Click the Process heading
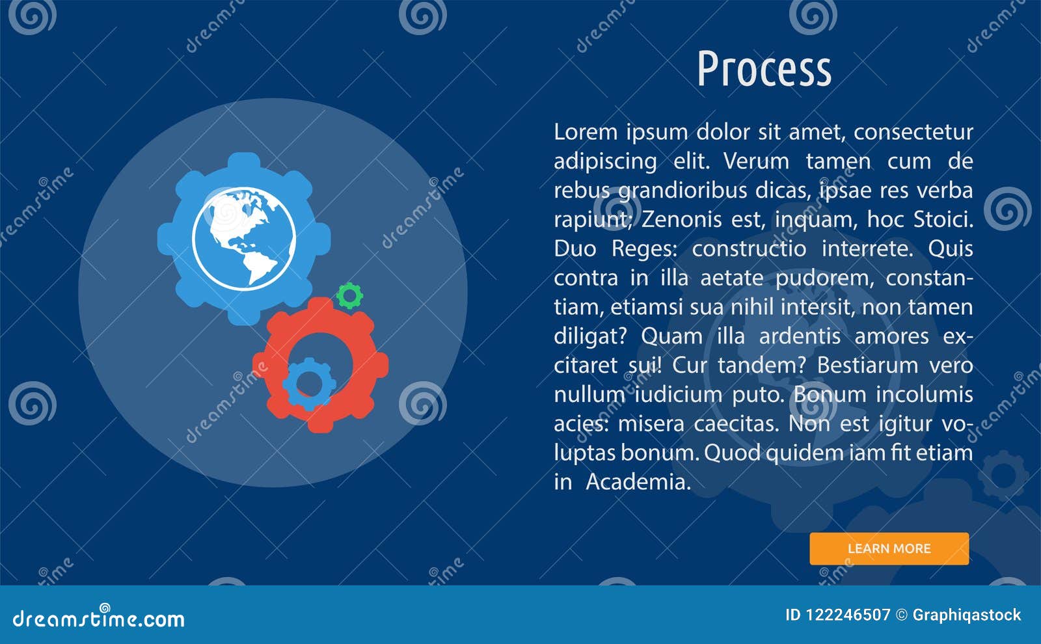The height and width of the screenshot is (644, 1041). (x=764, y=69)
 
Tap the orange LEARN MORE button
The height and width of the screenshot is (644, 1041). (x=889, y=548)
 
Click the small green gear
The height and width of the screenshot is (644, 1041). (x=349, y=296)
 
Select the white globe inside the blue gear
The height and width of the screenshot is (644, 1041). (x=244, y=239)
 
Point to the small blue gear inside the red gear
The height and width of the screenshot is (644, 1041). (x=309, y=384)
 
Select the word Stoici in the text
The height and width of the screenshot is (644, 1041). (x=943, y=219)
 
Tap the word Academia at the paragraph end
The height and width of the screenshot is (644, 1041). (x=638, y=482)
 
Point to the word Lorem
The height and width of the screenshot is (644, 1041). (x=586, y=132)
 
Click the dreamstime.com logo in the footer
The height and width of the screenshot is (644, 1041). (x=99, y=618)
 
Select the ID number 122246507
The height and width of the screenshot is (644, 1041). (x=847, y=615)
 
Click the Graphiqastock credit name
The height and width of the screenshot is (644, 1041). (x=966, y=615)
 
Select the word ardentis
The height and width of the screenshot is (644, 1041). (x=800, y=336)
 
